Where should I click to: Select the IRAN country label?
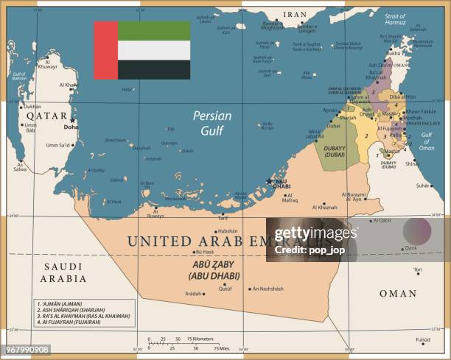coord(295,14)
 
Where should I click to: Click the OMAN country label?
coord(398,293)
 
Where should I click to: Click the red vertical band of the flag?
coord(105,50)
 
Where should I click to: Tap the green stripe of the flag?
coord(153,31)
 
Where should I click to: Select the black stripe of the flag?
coord(153,69)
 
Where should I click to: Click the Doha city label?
coord(71,127)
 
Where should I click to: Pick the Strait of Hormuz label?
coord(395,19)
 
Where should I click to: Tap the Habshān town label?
coord(228,230)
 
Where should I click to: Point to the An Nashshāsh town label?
coord(267,289)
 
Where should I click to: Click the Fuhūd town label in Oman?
coord(422,339)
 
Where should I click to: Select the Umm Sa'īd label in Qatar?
coord(58,144)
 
